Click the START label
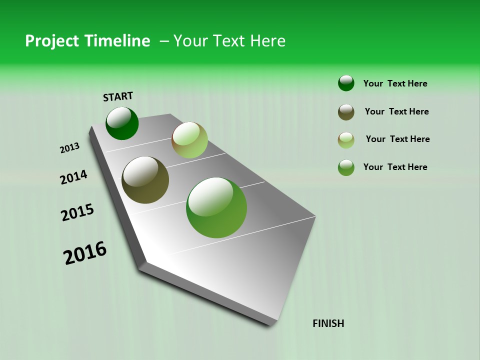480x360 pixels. point(118,96)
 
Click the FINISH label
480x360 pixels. point(328,323)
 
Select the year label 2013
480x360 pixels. point(69,148)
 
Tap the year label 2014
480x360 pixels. point(73,177)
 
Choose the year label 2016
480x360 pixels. point(85,253)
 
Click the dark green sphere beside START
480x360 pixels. point(122,123)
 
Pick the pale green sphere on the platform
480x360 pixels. point(189,140)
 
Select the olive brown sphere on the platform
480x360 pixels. point(145,180)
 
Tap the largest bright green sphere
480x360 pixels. point(216,207)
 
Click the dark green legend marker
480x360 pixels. point(346,83)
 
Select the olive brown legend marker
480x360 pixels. point(346,112)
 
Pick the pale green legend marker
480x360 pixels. point(346,140)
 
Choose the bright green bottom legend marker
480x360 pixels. point(346,167)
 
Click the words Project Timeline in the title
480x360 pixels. point(87,41)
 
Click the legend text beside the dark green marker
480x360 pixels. point(395,84)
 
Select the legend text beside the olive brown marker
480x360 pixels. point(396,111)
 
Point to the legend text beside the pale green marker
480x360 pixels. point(397,139)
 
